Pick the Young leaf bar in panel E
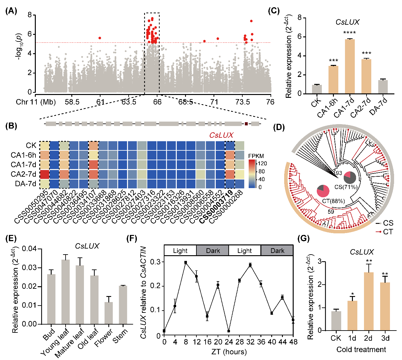click(x=66, y=292)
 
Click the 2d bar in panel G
click(x=368, y=301)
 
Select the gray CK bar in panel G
click(x=336, y=321)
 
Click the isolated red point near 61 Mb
click(x=100, y=38)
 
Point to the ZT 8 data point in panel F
click(x=186, y=262)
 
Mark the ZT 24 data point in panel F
click(x=229, y=331)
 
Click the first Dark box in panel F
click(x=213, y=251)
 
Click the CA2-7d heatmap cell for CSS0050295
click(x=44, y=174)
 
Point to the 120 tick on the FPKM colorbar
click(x=262, y=164)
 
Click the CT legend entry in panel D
click(x=387, y=232)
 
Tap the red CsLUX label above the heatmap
click(x=221, y=135)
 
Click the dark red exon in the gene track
click(x=246, y=123)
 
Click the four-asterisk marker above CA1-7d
click(x=349, y=33)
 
